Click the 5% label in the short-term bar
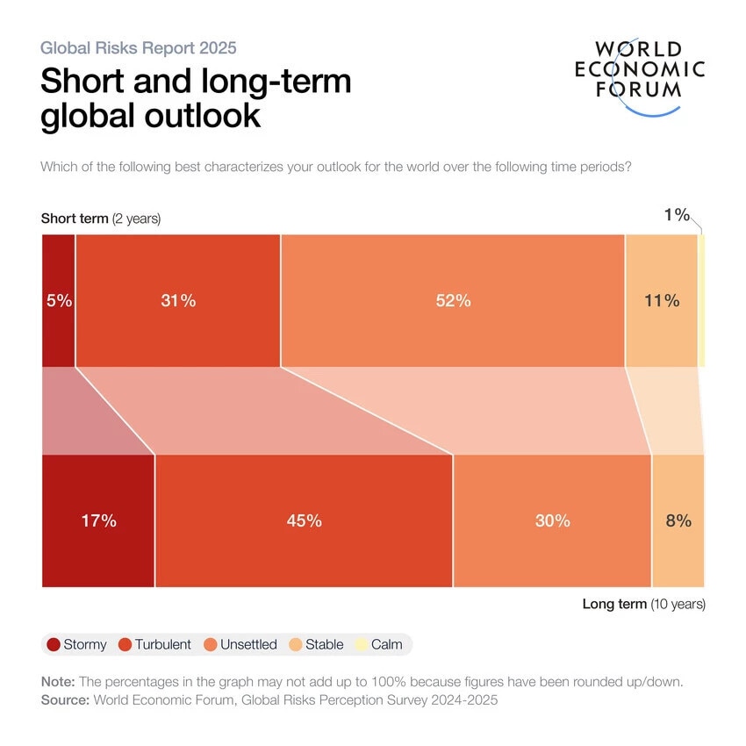[x=58, y=301]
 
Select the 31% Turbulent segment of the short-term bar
[x=178, y=301]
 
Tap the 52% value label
[x=453, y=301]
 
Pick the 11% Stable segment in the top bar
[x=661, y=301]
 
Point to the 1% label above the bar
[x=676, y=215]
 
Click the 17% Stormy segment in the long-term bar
[x=98, y=520]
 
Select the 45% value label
[x=304, y=520]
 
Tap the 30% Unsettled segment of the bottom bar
[x=552, y=520]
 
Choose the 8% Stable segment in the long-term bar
[x=678, y=520]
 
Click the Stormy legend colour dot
[x=54, y=645]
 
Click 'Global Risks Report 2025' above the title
[x=138, y=47]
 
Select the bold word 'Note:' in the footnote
[x=59, y=682]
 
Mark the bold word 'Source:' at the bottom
[x=66, y=700]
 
